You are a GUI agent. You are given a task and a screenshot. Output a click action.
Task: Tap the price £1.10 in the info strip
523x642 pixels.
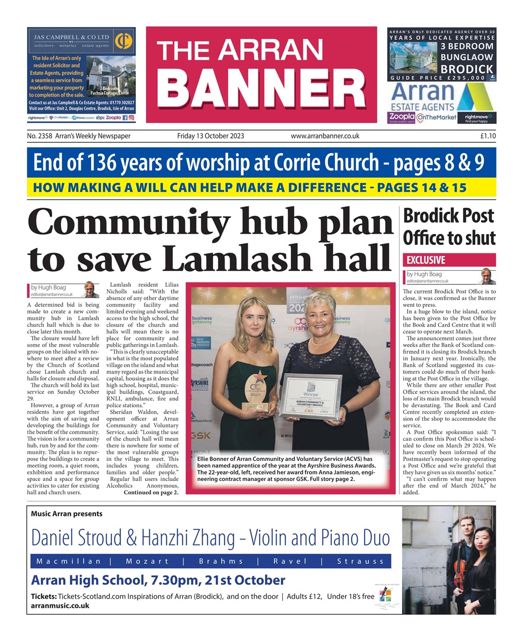[487, 136]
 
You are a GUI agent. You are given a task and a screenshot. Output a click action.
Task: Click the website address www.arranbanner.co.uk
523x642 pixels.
[325, 136]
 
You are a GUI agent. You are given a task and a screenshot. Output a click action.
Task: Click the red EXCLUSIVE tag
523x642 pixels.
[426, 260]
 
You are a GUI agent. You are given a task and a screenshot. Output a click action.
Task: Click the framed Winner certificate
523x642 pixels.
[310, 396]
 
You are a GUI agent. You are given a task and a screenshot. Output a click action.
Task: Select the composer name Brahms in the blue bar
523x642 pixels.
[221, 561]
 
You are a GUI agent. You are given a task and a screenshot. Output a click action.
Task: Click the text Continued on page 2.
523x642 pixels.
[151, 493]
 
